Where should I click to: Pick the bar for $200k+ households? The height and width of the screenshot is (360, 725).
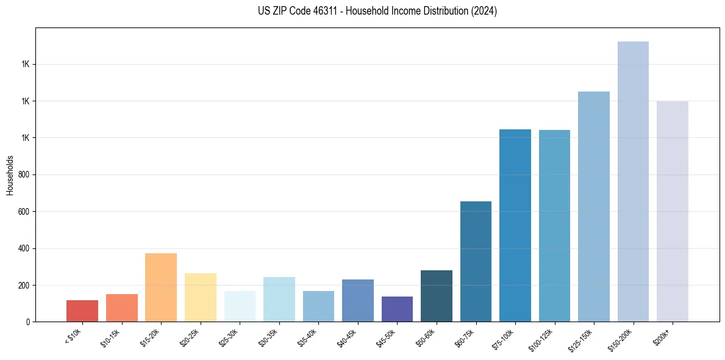click(673, 211)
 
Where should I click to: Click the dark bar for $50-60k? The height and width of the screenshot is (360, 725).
click(437, 296)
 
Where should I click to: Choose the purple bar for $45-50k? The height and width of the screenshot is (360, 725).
click(397, 309)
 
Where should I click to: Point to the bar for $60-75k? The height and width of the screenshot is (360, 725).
click(476, 261)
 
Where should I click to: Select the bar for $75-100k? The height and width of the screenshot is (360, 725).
click(515, 225)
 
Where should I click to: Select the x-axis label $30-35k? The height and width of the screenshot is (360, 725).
click(268, 335)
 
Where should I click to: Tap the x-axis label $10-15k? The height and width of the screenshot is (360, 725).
click(110, 335)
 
